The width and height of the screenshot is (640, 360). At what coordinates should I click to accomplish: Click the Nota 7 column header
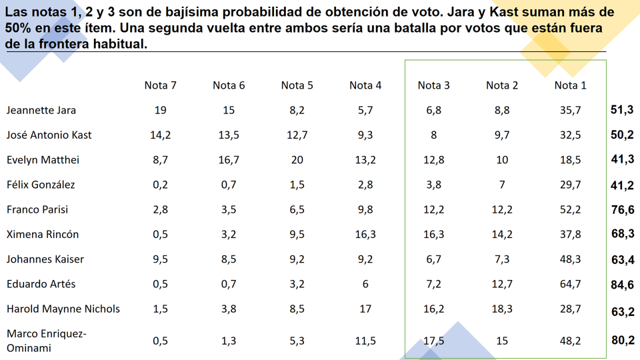pos(160,85)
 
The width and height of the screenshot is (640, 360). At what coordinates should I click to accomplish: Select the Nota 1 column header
pos(570,85)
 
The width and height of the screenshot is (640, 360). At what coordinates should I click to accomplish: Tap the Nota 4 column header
pos(365,85)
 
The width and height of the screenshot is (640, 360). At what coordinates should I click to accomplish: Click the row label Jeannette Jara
pos(41,110)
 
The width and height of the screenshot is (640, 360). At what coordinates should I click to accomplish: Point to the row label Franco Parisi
pos(37,209)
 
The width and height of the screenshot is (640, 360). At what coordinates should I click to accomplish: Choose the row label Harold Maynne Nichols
pos(63,309)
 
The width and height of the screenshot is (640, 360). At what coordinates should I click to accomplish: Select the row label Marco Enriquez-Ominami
pos(47,340)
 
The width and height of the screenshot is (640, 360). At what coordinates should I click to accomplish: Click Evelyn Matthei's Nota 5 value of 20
pos(297,160)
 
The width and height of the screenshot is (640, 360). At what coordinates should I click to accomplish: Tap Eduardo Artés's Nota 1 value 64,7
pos(570,284)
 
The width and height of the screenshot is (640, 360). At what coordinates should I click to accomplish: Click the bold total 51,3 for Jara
pos(622,110)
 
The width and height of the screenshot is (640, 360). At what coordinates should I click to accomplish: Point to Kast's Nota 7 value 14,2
pos(160,135)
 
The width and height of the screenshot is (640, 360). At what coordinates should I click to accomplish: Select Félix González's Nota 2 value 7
pos(502,185)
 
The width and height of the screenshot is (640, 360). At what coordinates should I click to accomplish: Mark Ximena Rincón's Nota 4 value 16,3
pos(365,235)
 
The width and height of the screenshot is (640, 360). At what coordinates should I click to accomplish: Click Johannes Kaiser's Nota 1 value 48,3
pos(570,259)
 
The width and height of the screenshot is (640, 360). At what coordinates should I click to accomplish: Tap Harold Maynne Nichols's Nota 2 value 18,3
pos(502,309)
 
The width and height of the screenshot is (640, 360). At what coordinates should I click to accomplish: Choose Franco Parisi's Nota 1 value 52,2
pos(570,209)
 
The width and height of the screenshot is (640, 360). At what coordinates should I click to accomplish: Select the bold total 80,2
pos(622,340)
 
